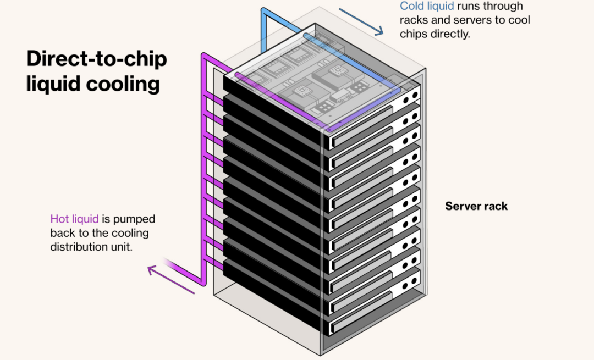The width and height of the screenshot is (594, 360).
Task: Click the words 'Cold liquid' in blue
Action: click(x=427, y=6)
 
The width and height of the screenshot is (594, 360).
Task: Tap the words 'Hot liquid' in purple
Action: click(x=74, y=219)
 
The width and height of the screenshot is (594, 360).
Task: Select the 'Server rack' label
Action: click(x=476, y=206)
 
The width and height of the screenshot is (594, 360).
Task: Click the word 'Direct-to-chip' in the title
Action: click(x=97, y=59)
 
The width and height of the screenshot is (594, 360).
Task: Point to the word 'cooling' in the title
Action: click(x=123, y=84)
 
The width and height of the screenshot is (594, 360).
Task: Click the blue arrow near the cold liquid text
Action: click(x=361, y=22)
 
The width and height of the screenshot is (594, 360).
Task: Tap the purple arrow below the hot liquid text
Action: click(x=171, y=280)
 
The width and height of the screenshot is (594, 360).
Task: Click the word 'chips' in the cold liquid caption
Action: click(x=414, y=34)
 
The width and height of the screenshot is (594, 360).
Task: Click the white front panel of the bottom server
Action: click(x=373, y=312)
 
